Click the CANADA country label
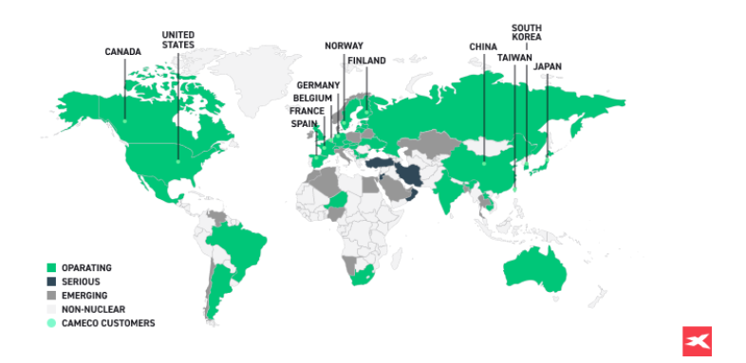[x=122, y=52]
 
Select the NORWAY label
[x=343, y=45]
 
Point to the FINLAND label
[x=366, y=61]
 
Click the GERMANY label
[x=318, y=85]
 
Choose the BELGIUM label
[x=312, y=98]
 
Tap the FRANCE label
[x=308, y=110]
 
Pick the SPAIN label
[x=305, y=122]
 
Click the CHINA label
[x=483, y=45]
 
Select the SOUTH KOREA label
[x=527, y=32]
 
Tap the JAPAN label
[x=547, y=66]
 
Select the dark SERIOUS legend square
[x=51, y=282]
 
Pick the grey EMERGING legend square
[x=51, y=296]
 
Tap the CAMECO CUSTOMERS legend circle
[x=51, y=323]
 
